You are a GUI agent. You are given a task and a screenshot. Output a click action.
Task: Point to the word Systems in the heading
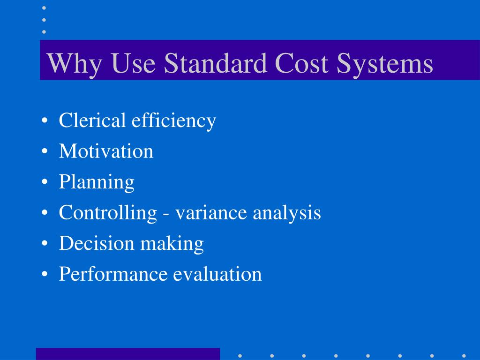tap(384, 64)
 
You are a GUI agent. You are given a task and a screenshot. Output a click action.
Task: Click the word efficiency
tap(173, 121)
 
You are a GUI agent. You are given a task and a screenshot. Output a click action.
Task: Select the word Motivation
tap(106, 151)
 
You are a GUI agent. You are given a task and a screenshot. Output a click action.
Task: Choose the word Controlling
tap(108, 213)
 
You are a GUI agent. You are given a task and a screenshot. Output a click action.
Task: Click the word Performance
tap(113, 274)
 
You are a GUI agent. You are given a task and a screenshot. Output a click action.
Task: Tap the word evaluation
tap(217, 274)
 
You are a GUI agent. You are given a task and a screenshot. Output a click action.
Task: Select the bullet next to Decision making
tap(44, 244)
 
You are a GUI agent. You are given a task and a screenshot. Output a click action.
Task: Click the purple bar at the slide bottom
tap(127, 353)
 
